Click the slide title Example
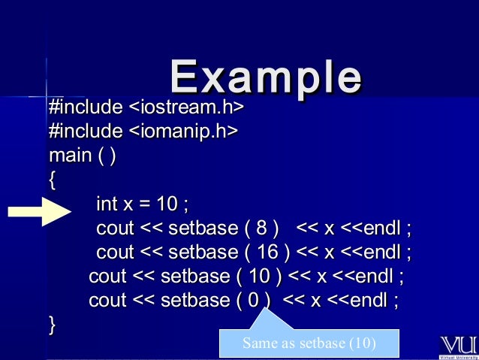click(x=266, y=76)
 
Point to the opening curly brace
click(x=52, y=180)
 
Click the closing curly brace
click(x=52, y=325)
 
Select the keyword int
click(x=107, y=204)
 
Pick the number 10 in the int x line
click(x=167, y=204)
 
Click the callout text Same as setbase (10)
click(x=309, y=344)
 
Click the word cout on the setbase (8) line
click(x=115, y=228)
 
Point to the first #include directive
click(x=85, y=108)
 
